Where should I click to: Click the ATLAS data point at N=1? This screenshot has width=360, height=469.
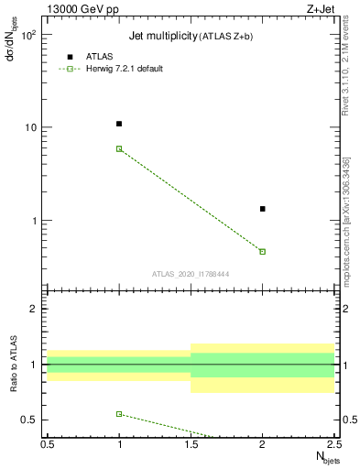pos(119,124)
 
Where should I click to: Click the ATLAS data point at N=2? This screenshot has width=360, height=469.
pos(263,209)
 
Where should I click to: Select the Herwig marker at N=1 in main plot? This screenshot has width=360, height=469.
pos(119,148)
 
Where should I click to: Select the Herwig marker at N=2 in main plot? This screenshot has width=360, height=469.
pos(263,251)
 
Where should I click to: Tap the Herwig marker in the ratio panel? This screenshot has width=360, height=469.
pos(119,414)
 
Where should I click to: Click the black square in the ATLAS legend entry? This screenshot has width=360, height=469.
pos(69,57)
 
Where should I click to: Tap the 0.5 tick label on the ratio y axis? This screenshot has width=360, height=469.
pos(29,420)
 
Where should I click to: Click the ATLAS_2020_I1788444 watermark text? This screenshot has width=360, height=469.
pos(190,273)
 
